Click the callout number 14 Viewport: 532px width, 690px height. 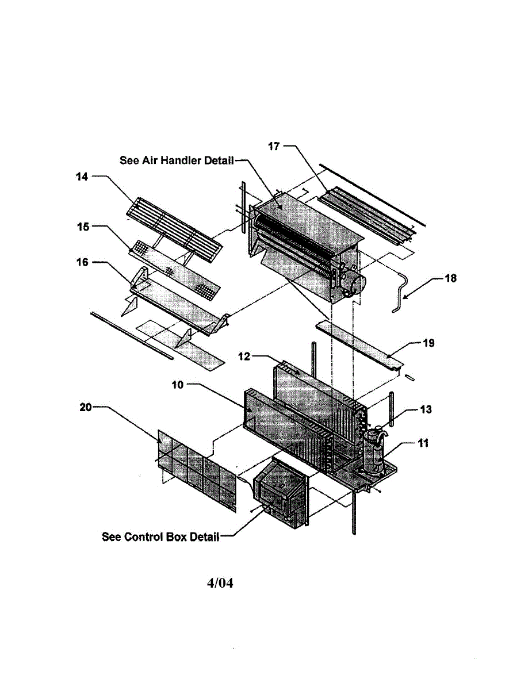(x=82, y=177)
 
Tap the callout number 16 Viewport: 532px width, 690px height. (x=82, y=262)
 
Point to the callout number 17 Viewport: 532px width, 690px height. (x=274, y=146)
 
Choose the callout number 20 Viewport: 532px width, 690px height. (x=85, y=407)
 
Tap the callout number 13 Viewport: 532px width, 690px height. (x=426, y=409)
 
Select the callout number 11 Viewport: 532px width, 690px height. (x=423, y=443)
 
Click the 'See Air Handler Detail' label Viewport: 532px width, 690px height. (x=177, y=160)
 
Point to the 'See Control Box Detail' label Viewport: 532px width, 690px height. (x=160, y=537)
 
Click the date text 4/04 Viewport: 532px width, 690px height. (x=220, y=583)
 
